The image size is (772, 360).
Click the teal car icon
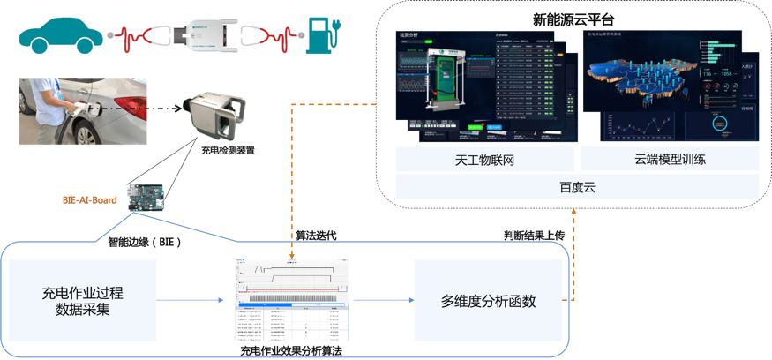coord(61,34)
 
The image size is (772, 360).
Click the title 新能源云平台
coord(573,19)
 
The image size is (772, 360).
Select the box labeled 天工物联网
coord(484,160)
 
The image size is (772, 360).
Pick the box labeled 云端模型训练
coord(670,160)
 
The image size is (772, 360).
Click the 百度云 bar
coord(577,186)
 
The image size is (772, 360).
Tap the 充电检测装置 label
coord(228,151)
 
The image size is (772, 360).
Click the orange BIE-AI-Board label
coord(90,200)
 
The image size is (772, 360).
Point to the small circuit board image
coord(146,197)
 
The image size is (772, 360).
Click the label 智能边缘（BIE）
coord(145,241)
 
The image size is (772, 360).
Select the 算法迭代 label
coord(315,236)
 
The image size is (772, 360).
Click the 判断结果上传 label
coord(534,236)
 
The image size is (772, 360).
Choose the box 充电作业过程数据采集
coord(83,301)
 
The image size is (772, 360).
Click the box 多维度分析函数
coord(488,301)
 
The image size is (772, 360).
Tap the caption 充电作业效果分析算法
coord(291,350)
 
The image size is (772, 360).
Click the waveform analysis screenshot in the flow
coord(292,300)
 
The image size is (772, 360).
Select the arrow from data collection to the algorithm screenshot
coord(191,300)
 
